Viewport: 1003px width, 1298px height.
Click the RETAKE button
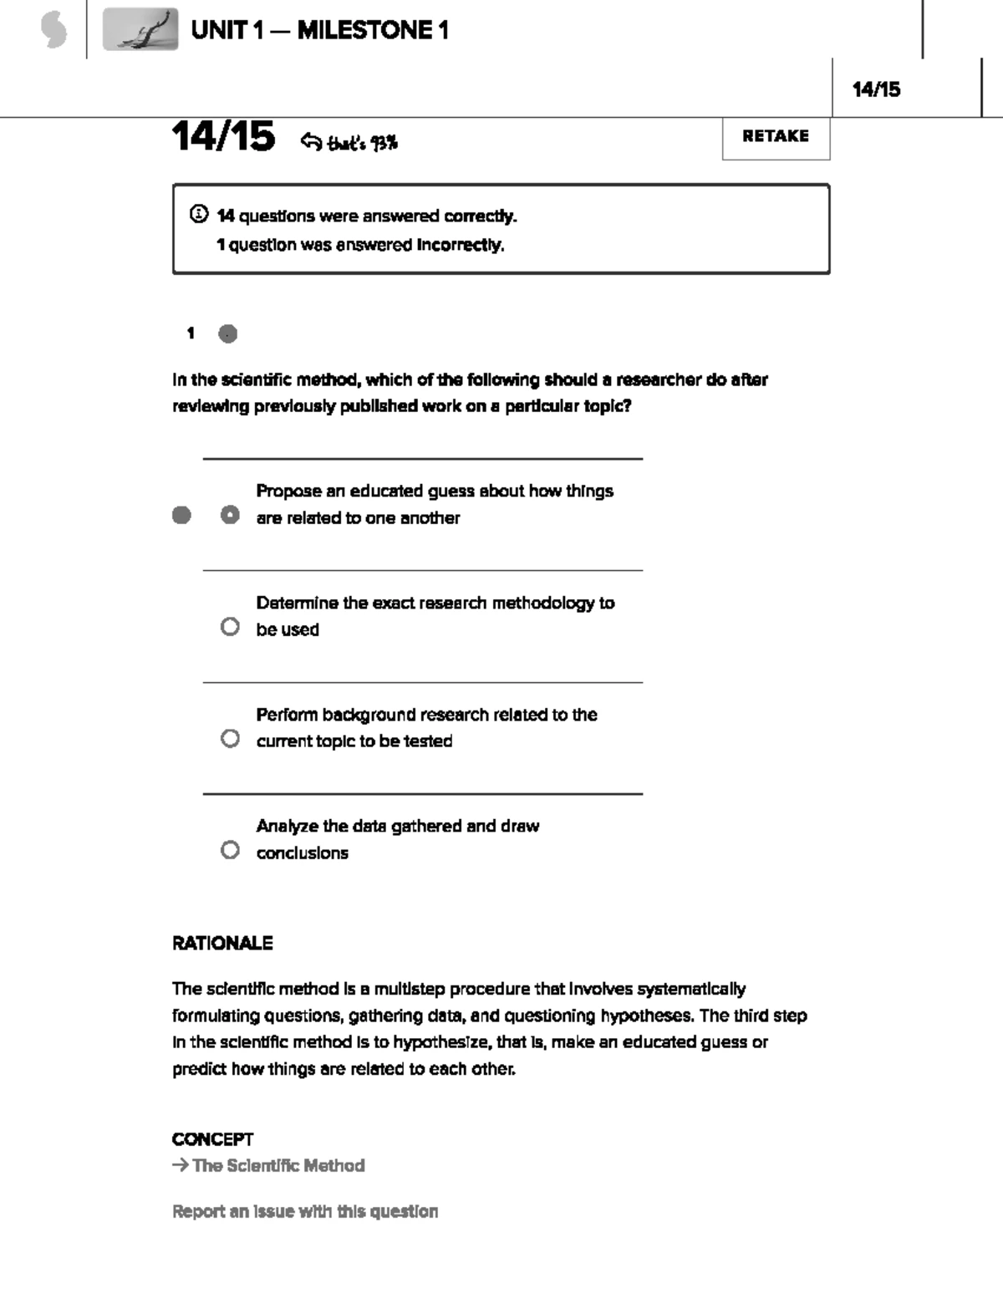[776, 137]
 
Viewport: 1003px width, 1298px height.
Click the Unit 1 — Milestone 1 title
[319, 31]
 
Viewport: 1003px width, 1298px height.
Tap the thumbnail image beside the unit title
[140, 30]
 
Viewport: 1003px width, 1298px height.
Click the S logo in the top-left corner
[53, 31]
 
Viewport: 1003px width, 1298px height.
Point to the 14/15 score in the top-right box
[876, 89]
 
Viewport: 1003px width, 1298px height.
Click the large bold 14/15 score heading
[223, 137]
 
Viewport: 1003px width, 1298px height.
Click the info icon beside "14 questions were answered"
[199, 215]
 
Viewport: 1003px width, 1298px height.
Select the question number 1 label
[191, 333]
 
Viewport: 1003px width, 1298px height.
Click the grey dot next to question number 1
[227, 333]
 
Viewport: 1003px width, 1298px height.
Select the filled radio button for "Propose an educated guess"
[230, 515]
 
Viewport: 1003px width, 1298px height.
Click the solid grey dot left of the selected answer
[181, 515]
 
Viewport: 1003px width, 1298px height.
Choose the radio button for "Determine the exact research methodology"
[230, 627]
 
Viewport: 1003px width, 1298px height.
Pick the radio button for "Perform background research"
[230, 739]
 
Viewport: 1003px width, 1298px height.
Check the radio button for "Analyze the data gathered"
[230, 850]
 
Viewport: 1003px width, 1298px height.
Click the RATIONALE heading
[222, 943]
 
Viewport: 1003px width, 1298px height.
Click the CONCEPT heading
[212, 1139]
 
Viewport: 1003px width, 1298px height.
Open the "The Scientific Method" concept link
[277, 1165]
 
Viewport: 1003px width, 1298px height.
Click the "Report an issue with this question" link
[305, 1211]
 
